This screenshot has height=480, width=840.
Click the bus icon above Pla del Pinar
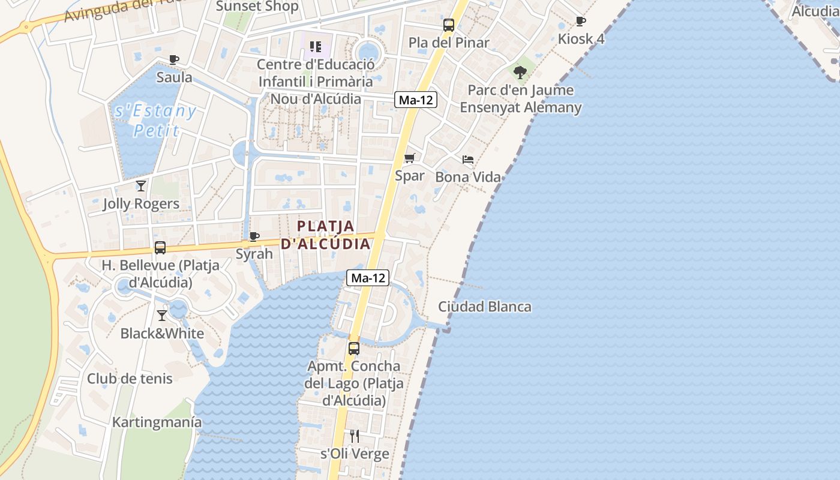pyautogui.click(x=449, y=25)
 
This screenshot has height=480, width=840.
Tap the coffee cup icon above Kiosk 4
pyautogui.click(x=581, y=22)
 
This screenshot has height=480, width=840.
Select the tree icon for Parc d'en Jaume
pyautogui.click(x=520, y=73)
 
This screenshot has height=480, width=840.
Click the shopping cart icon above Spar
pyautogui.click(x=410, y=158)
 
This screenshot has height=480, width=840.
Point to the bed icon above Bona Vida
pyautogui.click(x=468, y=160)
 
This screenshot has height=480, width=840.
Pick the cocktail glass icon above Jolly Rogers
pyautogui.click(x=141, y=186)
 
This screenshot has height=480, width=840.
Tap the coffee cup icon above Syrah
pyautogui.click(x=254, y=236)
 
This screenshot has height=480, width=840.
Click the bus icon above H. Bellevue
pyautogui.click(x=160, y=247)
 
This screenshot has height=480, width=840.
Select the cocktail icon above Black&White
pyautogui.click(x=162, y=316)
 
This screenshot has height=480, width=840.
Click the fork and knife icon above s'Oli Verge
pyautogui.click(x=355, y=436)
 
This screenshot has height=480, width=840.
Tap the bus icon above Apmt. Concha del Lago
pyautogui.click(x=354, y=348)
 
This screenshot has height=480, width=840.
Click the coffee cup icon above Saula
pyautogui.click(x=174, y=59)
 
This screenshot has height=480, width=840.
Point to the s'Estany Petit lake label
pyautogui.click(x=155, y=121)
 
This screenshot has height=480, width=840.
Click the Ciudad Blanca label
pyautogui.click(x=484, y=307)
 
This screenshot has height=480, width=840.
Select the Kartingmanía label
pyautogui.click(x=157, y=422)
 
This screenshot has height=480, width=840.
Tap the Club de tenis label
pyautogui.click(x=130, y=379)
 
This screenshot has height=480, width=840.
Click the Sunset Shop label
pyautogui.click(x=257, y=7)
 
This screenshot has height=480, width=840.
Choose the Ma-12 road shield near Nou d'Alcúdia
pyautogui.click(x=416, y=100)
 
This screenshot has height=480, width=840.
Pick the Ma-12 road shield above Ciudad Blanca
pyautogui.click(x=368, y=278)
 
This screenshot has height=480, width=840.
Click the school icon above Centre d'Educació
pyautogui.click(x=316, y=46)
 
